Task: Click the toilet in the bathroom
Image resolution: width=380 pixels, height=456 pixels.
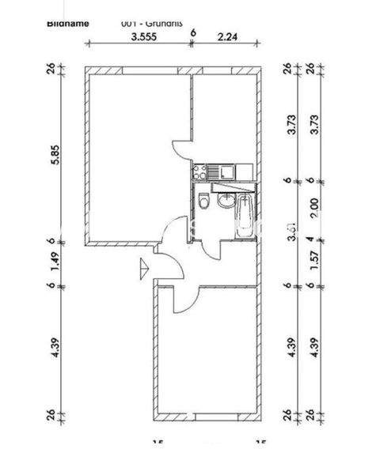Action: tap(204, 202)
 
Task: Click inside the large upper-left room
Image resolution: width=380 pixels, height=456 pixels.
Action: tap(135, 158)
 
